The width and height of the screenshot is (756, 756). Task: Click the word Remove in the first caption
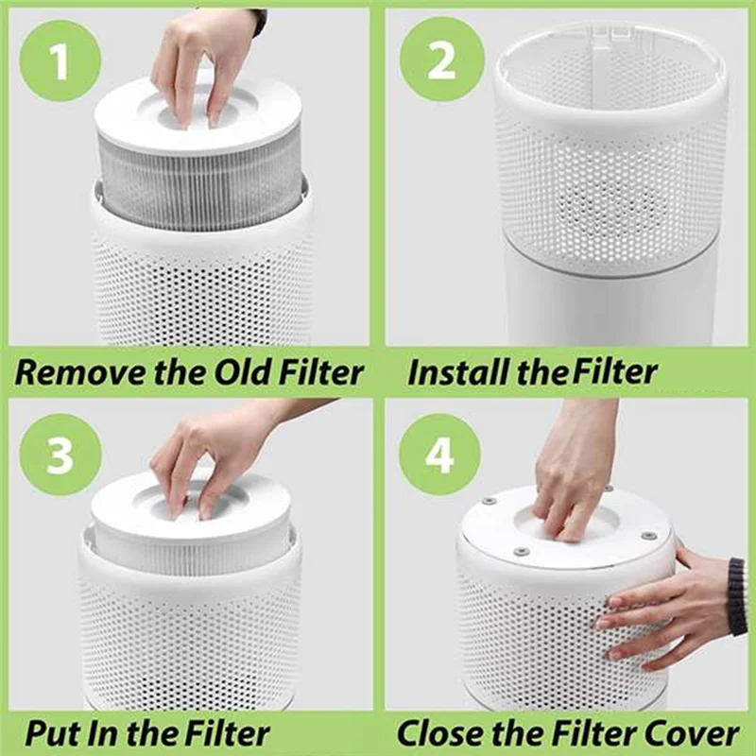69,371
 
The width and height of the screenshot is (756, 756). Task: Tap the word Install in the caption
450,371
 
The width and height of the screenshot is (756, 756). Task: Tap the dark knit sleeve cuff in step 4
736,595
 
